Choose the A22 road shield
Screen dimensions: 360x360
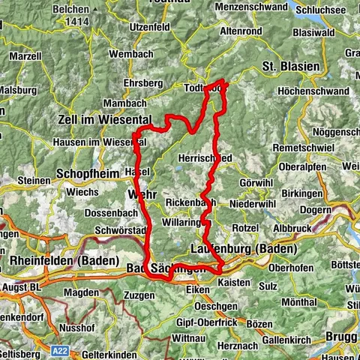[x=62, y=349]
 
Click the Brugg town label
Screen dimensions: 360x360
[x=342, y=336]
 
